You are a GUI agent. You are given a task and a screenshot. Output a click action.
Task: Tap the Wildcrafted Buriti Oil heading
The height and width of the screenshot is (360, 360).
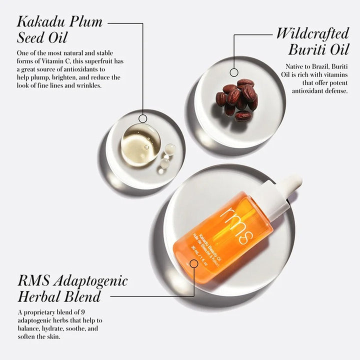(x=312, y=41)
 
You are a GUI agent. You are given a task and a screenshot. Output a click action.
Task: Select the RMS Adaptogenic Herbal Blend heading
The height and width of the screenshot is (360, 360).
(x=72, y=288)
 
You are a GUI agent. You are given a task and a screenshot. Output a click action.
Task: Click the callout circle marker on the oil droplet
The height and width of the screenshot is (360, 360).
(x=143, y=118)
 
